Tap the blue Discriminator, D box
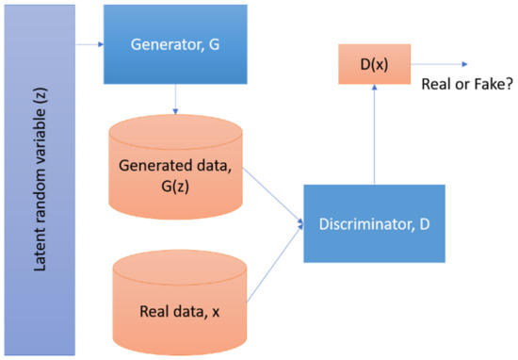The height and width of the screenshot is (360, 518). (374, 223)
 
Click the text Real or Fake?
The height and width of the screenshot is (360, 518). (461, 82)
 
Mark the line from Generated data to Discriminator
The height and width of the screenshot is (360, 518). (273, 197)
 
